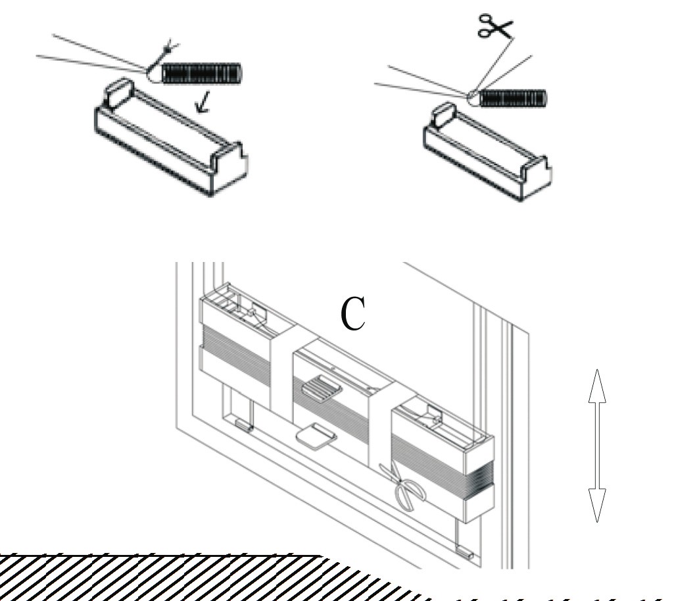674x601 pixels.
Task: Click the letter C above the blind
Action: click(354, 314)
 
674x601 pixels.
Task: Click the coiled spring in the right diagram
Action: click(513, 99)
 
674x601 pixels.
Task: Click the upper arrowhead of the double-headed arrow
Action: click(596, 385)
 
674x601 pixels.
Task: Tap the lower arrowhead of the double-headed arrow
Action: click(596, 506)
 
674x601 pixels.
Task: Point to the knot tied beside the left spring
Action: click(156, 72)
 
